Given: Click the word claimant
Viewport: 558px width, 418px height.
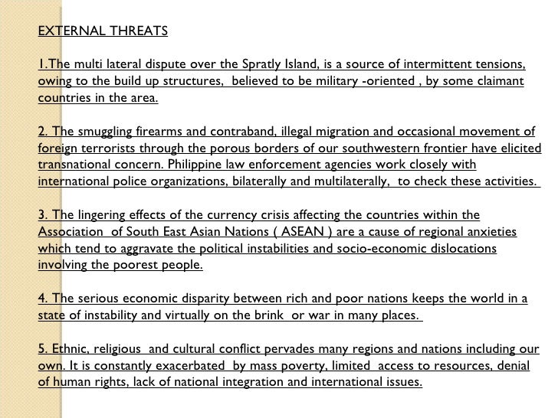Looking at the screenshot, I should click(x=500, y=82).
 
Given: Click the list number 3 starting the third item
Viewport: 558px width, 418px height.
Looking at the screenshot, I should click(x=41, y=216).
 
